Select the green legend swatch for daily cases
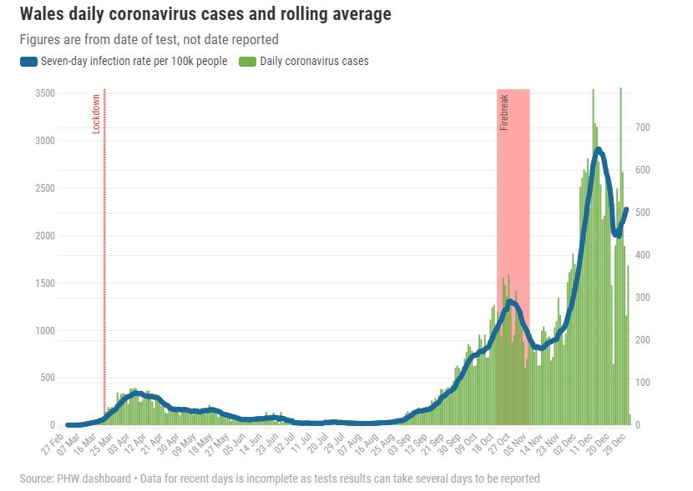pos(247,61)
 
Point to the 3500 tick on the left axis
pos(44,93)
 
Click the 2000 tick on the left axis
pos(44,236)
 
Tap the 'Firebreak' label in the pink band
pos(504,113)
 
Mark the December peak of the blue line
pos(598,150)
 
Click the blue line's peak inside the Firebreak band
pos(510,302)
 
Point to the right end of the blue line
pos(625,210)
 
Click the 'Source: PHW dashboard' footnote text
pos(75,478)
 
